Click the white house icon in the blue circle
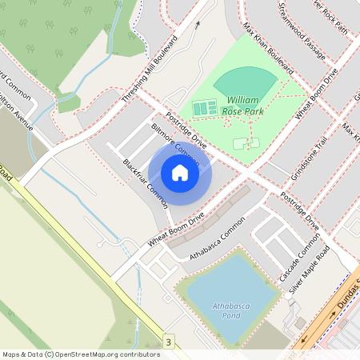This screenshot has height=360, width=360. pos(180,173)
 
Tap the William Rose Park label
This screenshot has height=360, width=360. pos(243,106)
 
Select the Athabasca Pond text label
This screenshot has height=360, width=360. pos(220,310)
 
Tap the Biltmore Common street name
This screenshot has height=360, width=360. pos(175,143)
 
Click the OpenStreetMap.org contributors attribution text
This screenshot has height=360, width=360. pos(104,354)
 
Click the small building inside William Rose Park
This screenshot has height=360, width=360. pos(242,143)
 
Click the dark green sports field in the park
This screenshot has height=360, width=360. pos(244,82)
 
